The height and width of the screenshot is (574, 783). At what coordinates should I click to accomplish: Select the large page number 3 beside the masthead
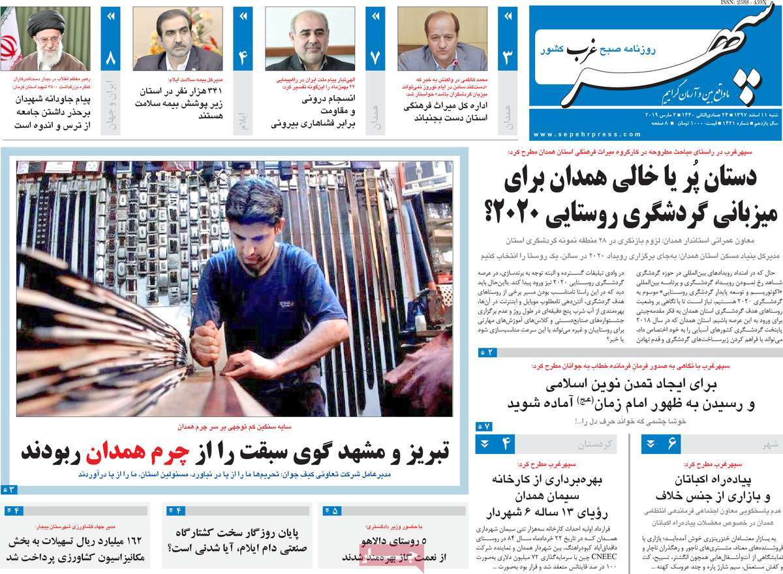click(507, 58)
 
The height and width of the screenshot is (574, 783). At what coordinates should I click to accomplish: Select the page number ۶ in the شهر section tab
click(671, 445)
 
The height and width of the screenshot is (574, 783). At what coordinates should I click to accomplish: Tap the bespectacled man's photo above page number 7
click(310, 39)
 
